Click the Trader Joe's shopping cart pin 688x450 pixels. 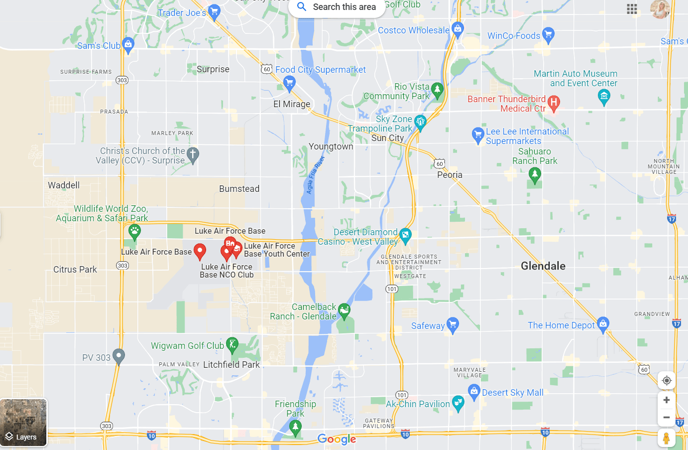point(214,11)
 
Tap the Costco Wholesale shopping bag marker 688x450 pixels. point(458,29)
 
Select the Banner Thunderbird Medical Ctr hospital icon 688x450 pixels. point(554,103)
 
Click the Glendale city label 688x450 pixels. point(543,266)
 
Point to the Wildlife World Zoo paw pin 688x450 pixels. point(134,231)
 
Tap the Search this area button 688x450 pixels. point(337,7)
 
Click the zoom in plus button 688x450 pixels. point(666,400)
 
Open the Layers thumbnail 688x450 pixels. point(23,422)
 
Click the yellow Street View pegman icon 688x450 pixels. point(666,438)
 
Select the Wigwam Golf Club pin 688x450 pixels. point(232,344)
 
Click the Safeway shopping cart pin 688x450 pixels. point(453,325)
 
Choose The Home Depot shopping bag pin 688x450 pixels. point(603,324)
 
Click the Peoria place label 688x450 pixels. point(450,175)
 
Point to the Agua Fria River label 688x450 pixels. point(315,175)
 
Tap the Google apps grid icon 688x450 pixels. point(632,9)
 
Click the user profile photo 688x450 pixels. point(660,9)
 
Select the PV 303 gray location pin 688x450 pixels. point(118,356)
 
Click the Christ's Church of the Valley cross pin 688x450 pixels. point(193,155)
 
